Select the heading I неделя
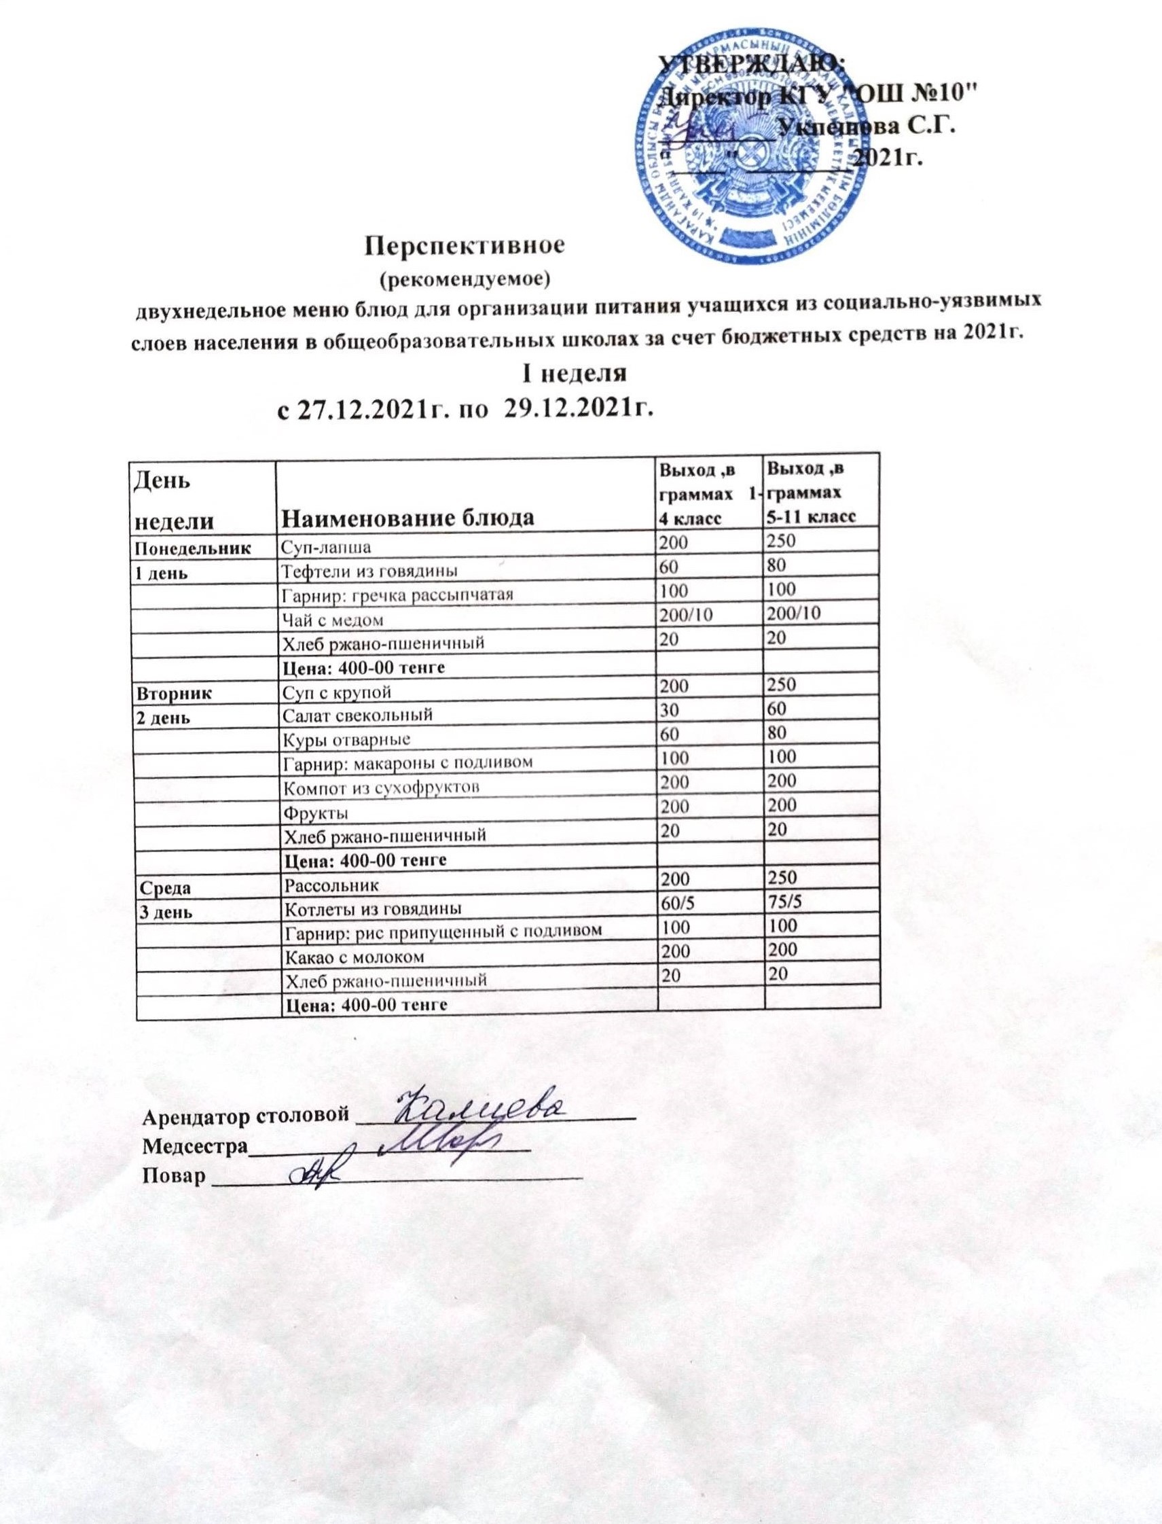pyautogui.click(x=573, y=374)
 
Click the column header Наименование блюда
pyautogui.click(x=410, y=518)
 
